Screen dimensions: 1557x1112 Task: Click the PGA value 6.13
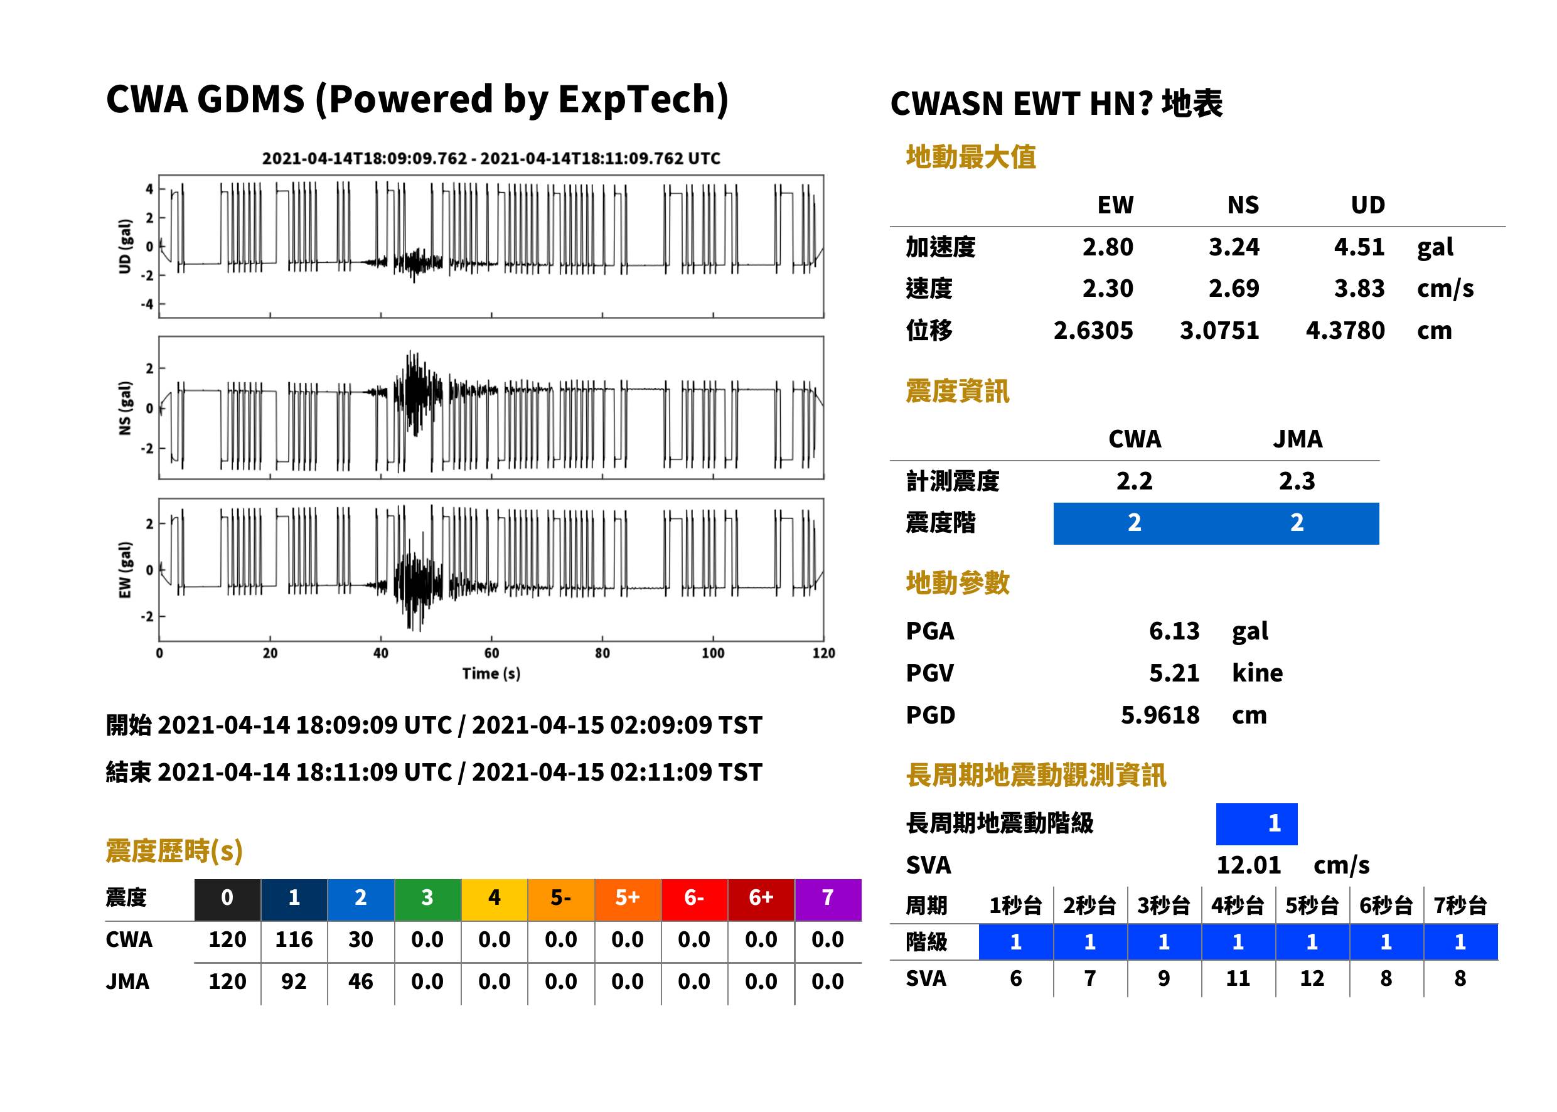[x=1174, y=631]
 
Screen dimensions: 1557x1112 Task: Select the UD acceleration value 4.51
[x=1359, y=247]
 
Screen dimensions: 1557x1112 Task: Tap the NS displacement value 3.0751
[x=1219, y=330]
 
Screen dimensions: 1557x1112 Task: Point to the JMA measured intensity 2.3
[x=1297, y=481]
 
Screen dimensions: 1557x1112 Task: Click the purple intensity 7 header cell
[x=828, y=897]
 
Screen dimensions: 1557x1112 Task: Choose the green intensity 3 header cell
[x=427, y=897]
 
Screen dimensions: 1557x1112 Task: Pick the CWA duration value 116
[x=294, y=939]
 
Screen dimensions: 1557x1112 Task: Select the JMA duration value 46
[x=361, y=981]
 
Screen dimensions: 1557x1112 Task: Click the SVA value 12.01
[x=1248, y=865]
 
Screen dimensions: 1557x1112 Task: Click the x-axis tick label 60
[x=491, y=653]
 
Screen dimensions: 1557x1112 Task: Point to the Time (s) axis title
[x=491, y=674]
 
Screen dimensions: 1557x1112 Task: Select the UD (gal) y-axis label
[x=125, y=247]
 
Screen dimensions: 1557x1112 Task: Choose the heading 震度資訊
[x=957, y=391]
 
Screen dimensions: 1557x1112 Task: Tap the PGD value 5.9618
[x=1160, y=715]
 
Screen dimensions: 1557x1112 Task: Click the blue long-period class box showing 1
[x=1256, y=824]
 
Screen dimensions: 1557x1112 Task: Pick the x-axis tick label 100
[x=713, y=653]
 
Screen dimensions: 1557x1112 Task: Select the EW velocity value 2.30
[x=1107, y=288]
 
